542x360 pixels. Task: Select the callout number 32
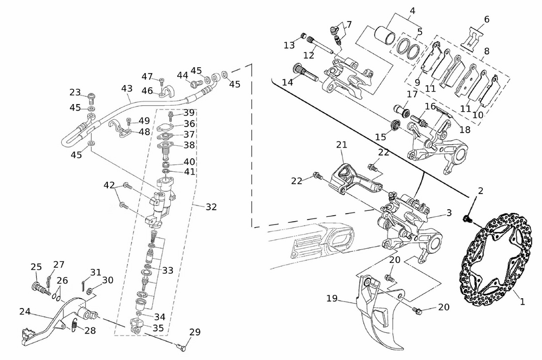211,207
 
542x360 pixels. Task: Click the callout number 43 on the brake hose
127,88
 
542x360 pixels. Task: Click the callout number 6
486,20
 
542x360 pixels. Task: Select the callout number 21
341,145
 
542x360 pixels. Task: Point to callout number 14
287,82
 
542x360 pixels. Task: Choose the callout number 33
167,269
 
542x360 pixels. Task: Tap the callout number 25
36,267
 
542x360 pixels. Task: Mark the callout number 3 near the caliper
449,213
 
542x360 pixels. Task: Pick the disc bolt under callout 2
467,218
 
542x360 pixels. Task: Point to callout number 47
147,76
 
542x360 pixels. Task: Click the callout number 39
188,113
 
